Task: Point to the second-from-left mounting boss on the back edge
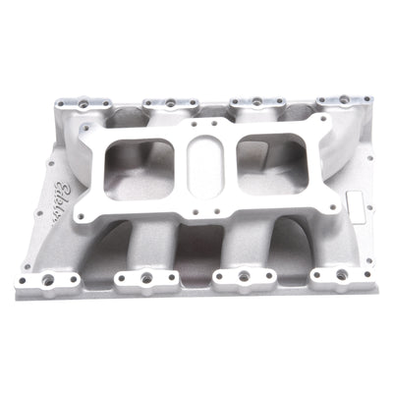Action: [x=171, y=100]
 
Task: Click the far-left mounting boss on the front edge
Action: [x=48, y=281]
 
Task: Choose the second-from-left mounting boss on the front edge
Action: [x=145, y=279]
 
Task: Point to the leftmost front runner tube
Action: [x=113, y=246]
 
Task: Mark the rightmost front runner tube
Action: [x=295, y=241]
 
